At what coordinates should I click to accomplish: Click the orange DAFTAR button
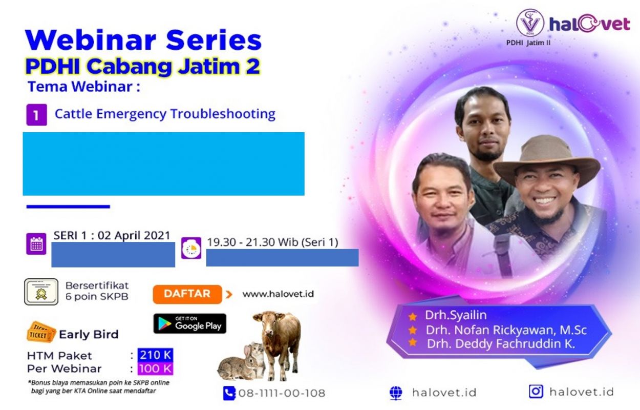tap(187, 294)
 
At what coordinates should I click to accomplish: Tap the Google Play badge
tap(190, 324)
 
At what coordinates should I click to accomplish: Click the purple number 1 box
tap(36, 115)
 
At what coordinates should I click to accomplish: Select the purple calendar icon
tap(36, 244)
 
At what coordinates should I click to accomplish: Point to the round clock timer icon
tap(191, 248)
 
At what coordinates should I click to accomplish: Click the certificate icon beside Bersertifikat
tap(41, 292)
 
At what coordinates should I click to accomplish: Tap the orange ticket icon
tap(41, 333)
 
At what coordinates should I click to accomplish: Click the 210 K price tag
tap(155, 355)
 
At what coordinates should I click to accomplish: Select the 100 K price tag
tap(155, 368)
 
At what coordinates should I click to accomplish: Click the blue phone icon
tap(229, 393)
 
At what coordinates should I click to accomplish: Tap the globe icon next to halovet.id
tap(396, 393)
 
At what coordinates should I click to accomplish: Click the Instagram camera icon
tap(536, 392)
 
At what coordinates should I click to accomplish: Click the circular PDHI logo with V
tap(530, 23)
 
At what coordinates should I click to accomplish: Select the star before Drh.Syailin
tap(412, 317)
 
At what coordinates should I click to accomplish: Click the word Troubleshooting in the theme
tap(223, 114)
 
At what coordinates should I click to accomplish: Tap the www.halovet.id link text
tap(278, 294)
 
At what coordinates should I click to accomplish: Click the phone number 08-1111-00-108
tap(282, 394)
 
